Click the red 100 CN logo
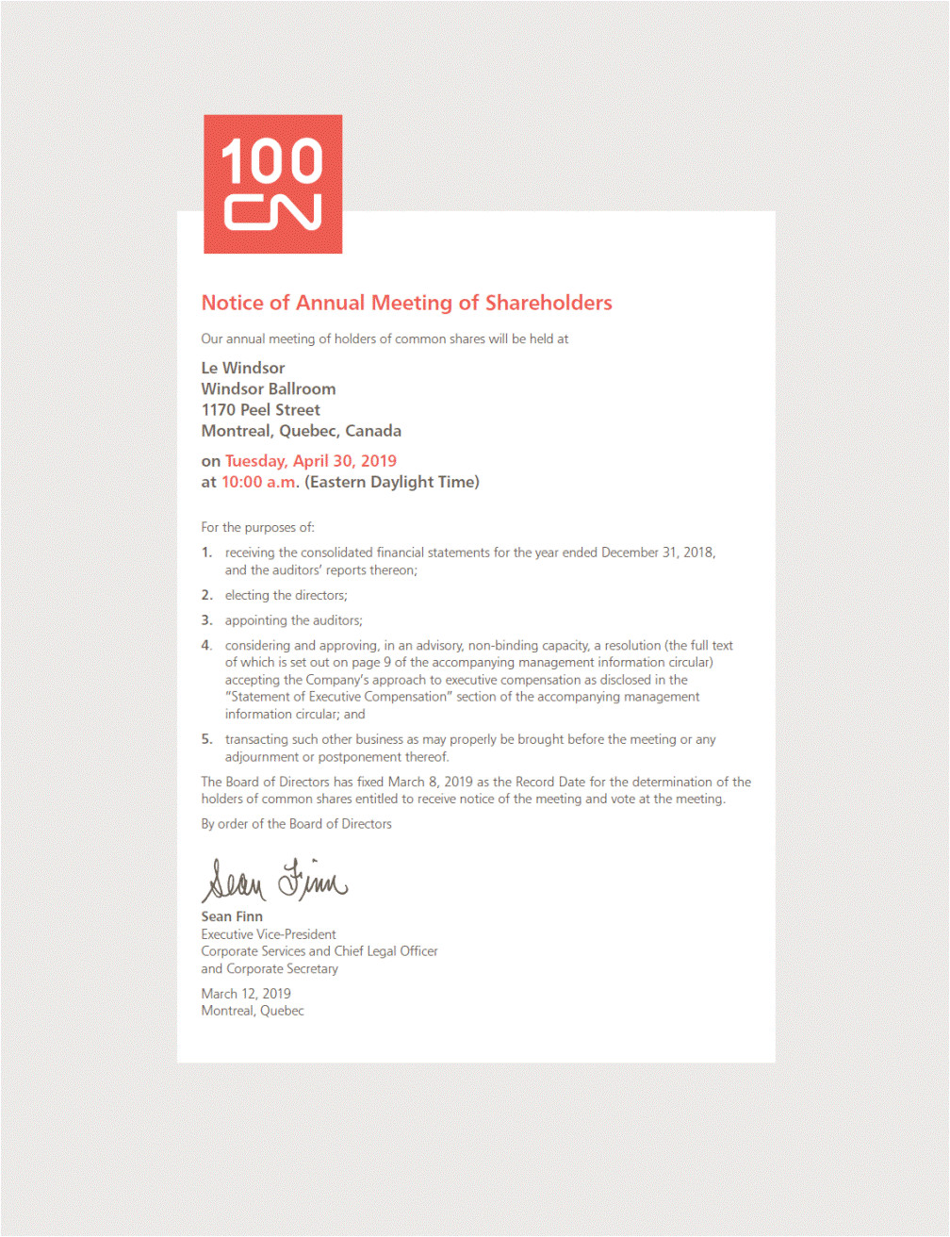tap(272, 184)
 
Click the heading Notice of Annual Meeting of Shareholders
tap(406, 303)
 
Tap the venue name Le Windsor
tap(242, 368)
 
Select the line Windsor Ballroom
tap(268, 388)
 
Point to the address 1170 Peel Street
tap(260, 409)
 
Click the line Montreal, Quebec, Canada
tap(301, 431)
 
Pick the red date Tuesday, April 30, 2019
tap(310, 461)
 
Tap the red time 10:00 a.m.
tap(259, 482)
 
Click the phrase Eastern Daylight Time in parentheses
tap(392, 482)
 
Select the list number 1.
tap(206, 553)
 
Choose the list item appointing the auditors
tap(293, 620)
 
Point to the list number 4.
tap(206, 646)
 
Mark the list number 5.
tap(206, 739)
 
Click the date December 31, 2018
tap(657, 553)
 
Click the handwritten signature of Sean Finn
tap(273, 880)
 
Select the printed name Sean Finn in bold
tap(232, 916)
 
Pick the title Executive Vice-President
tap(268, 934)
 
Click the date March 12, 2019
tap(245, 994)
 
